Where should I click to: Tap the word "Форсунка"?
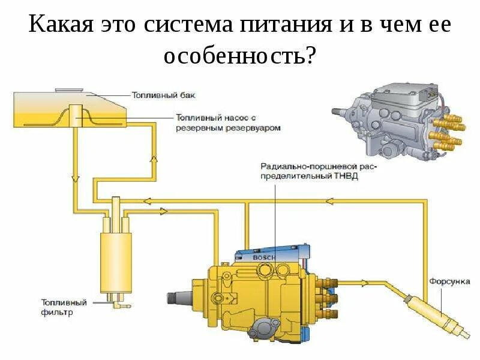tap(446, 281)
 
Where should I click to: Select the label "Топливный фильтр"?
tap(64, 307)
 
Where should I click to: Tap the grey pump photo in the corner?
tap(397, 117)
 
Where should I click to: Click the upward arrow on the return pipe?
tap(154, 159)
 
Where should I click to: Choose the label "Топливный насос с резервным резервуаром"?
tap(229, 122)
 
